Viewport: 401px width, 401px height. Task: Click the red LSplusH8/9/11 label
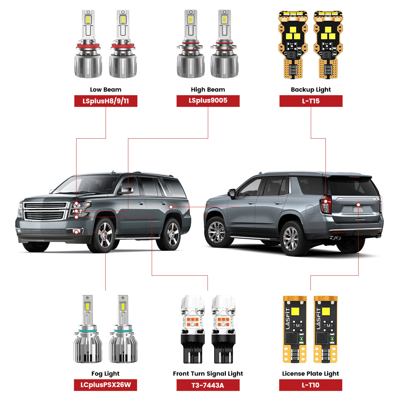tap(106, 101)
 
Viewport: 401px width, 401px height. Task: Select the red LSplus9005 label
tap(208, 101)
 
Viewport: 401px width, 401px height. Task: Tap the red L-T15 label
tap(311, 101)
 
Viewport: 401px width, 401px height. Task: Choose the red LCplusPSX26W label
tap(106, 385)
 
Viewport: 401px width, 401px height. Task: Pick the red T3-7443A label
tap(208, 385)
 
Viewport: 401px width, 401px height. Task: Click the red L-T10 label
tap(310, 385)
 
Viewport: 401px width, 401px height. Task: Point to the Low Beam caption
tap(106, 90)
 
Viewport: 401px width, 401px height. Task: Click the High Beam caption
tap(208, 90)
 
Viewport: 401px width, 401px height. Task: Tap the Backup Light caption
tap(311, 90)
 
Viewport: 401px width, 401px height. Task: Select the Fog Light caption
tap(106, 374)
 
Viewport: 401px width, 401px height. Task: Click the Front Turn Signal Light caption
tap(208, 374)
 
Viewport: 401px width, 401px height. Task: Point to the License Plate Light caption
tap(310, 374)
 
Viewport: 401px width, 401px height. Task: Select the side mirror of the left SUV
tap(126, 191)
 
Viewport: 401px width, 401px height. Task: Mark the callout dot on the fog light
tap(77, 232)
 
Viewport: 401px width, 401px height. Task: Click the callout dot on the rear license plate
tap(358, 204)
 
